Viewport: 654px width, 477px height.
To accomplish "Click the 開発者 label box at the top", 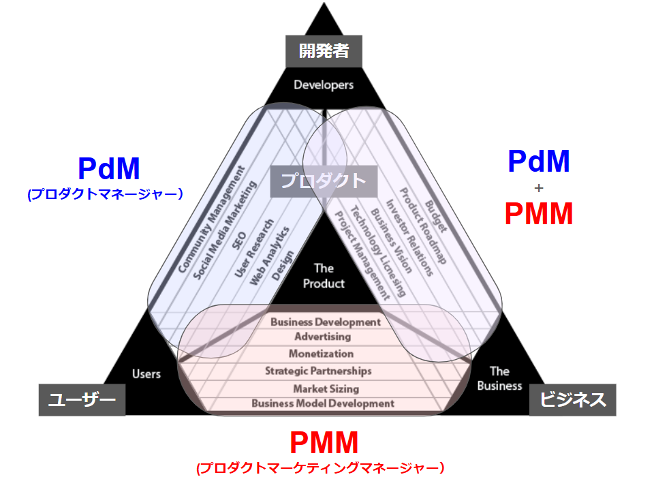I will click(324, 52).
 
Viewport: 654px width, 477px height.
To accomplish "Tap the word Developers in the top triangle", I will click(324, 85).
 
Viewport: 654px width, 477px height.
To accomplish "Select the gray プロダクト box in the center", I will click(324, 181).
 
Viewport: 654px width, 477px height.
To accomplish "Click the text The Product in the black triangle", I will click(324, 276).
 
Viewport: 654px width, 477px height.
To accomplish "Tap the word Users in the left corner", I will click(146, 373).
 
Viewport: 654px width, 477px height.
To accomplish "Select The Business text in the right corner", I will click(499, 378).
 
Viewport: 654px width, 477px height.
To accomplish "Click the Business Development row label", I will click(326, 322).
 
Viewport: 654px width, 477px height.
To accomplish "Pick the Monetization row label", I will click(321, 354).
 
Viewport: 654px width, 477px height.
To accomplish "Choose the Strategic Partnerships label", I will click(318, 371).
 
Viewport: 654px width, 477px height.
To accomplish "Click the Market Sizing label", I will click(326, 388).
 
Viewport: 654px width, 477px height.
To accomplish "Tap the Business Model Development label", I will click(323, 403).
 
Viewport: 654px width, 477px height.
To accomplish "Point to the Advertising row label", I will click(323, 337).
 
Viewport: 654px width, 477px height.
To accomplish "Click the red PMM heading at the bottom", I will click(324, 444).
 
